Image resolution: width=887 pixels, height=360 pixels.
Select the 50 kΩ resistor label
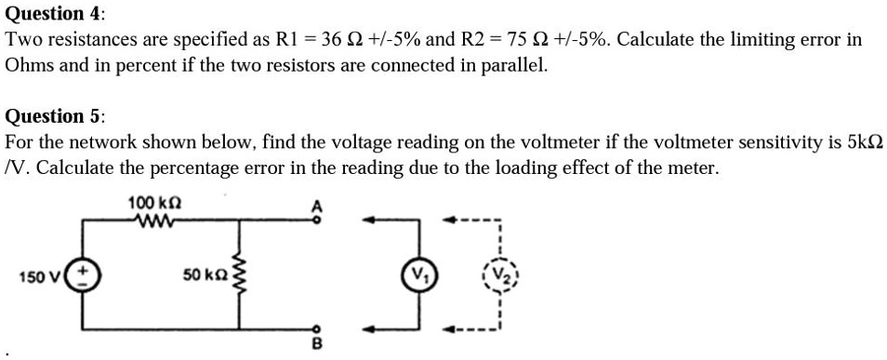tap(205, 275)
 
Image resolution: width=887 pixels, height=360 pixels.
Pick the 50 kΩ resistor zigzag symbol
tap(245, 275)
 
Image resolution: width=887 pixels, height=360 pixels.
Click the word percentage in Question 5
tap(223, 169)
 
